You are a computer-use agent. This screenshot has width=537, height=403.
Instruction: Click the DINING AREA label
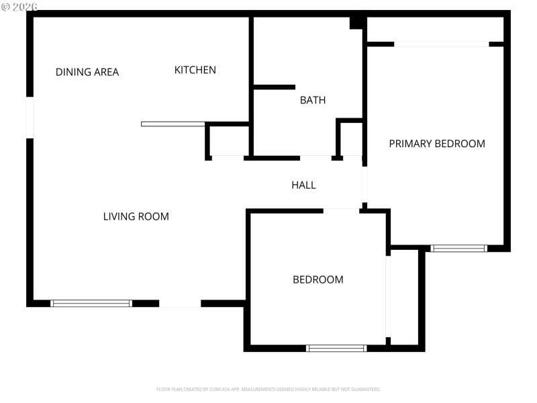click(87, 72)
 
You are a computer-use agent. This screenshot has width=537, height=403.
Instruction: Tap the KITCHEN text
click(195, 70)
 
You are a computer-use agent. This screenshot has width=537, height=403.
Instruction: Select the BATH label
click(313, 100)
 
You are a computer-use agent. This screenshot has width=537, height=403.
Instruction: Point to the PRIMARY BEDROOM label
click(437, 143)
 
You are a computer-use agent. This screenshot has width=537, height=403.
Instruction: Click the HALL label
click(303, 185)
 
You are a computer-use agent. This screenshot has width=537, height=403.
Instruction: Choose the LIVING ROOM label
click(136, 216)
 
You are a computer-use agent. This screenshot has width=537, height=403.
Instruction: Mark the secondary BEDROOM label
click(318, 279)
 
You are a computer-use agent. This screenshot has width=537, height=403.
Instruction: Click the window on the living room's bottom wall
click(91, 304)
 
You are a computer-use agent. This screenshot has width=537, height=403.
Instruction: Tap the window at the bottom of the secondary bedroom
click(336, 348)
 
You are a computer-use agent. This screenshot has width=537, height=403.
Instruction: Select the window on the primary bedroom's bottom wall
click(458, 249)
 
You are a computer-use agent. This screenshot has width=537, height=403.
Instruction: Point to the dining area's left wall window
click(30, 118)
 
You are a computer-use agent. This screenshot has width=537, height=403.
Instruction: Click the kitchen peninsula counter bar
click(173, 124)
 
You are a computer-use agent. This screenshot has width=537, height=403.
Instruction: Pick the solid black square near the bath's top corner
click(357, 23)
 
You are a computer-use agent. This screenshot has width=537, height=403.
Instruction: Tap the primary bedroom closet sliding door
click(442, 44)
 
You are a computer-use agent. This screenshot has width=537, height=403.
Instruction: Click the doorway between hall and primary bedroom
click(365, 185)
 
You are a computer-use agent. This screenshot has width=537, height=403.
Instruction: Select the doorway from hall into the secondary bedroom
click(341, 211)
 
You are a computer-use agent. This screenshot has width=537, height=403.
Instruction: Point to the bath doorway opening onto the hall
click(315, 158)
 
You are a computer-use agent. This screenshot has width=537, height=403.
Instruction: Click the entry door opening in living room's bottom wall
click(180, 304)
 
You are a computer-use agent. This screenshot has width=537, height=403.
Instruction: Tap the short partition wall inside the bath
click(275, 87)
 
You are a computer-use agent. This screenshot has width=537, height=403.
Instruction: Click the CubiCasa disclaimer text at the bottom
click(268, 389)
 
